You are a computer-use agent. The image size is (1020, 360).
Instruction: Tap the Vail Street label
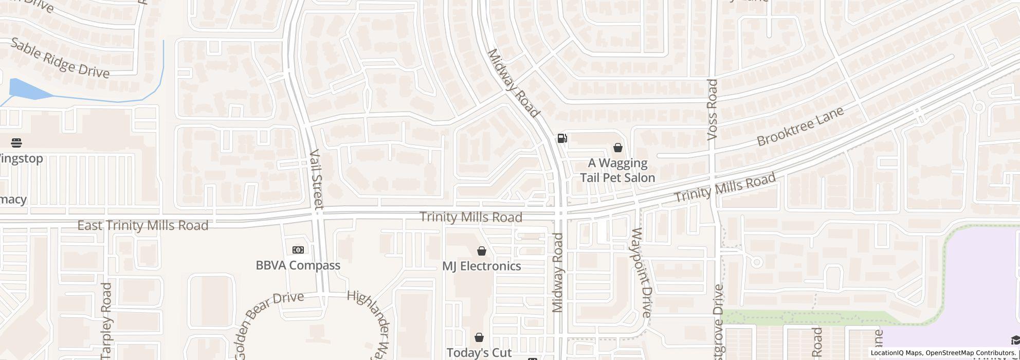pyautogui.click(x=316, y=179)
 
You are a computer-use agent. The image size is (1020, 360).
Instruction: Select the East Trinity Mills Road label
pyautogui.click(x=142, y=225)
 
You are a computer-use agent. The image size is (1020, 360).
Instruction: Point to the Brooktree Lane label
pyautogui.click(x=800, y=126)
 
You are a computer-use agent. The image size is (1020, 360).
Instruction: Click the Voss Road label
pyautogui.click(x=712, y=110)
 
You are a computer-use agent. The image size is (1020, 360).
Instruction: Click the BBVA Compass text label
pyautogui.click(x=298, y=265)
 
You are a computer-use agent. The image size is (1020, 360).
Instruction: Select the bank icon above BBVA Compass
pyautogui.click(x=298, y=250)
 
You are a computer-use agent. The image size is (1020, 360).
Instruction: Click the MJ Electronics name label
pyautogui.click(x=482, y=266)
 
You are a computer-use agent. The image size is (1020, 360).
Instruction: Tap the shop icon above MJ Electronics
pyautogui.click(x=482, y=251)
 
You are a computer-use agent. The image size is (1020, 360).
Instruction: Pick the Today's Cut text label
pyautogui.click(x=479, y=352)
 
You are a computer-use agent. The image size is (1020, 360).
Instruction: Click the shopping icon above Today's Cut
pyautogui.click(x=479, y=337)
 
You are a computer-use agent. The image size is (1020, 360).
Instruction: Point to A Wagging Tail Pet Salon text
pyautogui.click(x=617, y=170)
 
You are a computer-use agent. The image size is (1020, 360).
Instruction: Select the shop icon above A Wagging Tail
pyautogui.click(x=617, y=148)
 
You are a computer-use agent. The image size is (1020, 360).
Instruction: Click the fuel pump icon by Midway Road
pyautogui.click(x=562, y=138)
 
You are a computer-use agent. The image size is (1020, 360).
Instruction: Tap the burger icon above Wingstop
pyautogui.click(x=16, y=142)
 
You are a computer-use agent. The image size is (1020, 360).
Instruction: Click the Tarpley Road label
pyautogui.click(x=106, y=320)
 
